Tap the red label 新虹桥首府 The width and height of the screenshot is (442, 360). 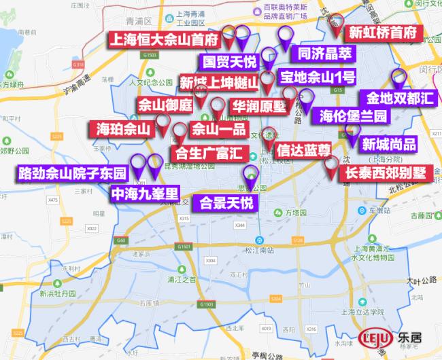(381, 33)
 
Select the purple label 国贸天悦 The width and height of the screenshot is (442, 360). (230, 62)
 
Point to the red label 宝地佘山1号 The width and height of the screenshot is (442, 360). (316, 76)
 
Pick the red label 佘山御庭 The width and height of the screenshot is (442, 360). (165, 105)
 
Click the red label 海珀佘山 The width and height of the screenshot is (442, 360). (122, 128)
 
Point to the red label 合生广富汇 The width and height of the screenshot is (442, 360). (203, 152)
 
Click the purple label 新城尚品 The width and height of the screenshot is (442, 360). (388, 144)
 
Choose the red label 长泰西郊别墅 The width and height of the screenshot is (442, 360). (384, 173)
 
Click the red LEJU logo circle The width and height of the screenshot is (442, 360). (374, 337)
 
